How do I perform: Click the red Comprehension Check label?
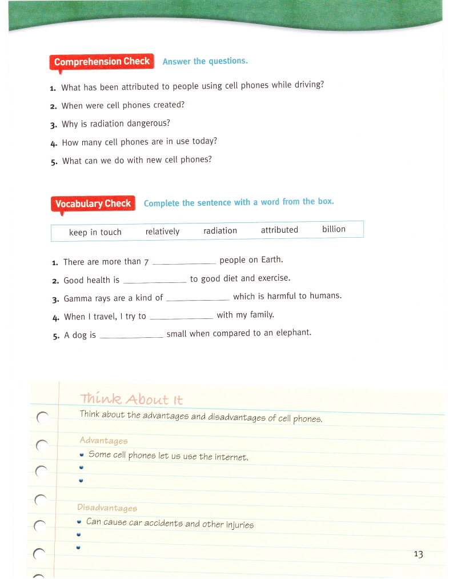102,62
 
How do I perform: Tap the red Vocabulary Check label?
93,203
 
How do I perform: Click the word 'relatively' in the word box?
162,231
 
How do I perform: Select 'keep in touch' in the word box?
95,232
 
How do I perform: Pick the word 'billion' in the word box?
334,229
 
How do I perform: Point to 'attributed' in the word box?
279,230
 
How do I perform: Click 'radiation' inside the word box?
220,230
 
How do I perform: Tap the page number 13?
418,554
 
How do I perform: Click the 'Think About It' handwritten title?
131,398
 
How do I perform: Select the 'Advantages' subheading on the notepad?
103,440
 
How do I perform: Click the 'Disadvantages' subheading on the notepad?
107,508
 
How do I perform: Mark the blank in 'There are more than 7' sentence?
185,263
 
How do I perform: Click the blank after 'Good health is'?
155,281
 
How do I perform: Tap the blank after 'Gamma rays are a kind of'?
198,299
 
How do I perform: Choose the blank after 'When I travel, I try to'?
181,317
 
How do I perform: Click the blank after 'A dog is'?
131,336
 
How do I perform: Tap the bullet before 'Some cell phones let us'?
82,455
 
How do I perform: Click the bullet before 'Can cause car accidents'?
79,522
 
